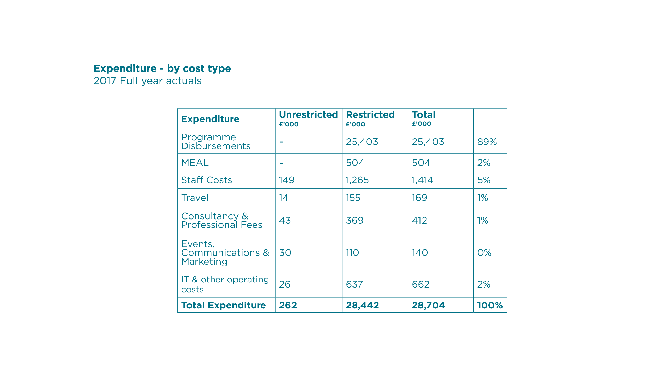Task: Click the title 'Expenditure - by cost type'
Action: tap(162, 68)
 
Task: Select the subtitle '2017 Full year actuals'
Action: tap(147, 81)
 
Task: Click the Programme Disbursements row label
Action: tap(216, 142)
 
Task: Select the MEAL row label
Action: tap(195, 163)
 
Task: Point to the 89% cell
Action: tap(487, 142)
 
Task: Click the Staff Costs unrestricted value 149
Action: tap(287, 180)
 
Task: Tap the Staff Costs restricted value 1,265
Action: tap(357, 180)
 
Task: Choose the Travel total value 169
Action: tap(419, 198)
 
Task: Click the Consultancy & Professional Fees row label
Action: tap(221, 220)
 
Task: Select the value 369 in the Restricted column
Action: tap(355, 221)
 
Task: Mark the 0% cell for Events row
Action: tap(484, 253)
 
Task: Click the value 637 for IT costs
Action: tap(354, 284)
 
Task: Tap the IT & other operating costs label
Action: tap(225, 284)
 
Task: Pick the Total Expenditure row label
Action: tap(224, 305)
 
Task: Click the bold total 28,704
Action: tap(428, 305)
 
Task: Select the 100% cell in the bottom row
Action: tap(490, 305)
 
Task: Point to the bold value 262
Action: tap(288, 305)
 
